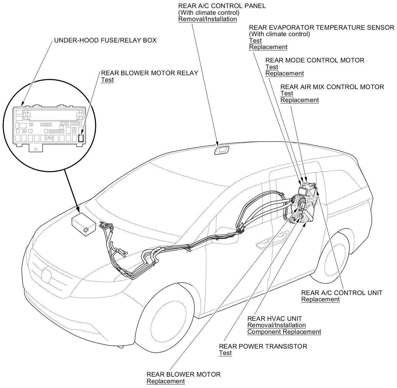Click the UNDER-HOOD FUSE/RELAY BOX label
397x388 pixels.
[105, 41]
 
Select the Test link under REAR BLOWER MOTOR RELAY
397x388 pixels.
[107, 80]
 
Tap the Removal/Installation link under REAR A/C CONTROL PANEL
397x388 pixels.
[207, 19]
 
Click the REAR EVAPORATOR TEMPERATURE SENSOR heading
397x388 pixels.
[321, 27]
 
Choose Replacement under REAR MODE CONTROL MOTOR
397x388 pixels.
[285, 74]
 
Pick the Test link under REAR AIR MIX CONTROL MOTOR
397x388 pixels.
[287, 94]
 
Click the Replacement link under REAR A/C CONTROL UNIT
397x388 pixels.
[320, 299]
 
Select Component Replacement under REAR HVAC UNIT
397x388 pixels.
[284, 332]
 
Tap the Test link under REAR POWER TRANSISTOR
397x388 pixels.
[225, 353]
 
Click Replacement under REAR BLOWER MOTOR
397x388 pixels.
[165, 381]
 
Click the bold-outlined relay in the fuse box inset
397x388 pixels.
[81, 138]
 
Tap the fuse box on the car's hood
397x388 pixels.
[84, 222]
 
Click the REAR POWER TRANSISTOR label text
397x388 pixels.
[263, 346]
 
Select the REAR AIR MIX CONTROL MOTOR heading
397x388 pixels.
[332, 87]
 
